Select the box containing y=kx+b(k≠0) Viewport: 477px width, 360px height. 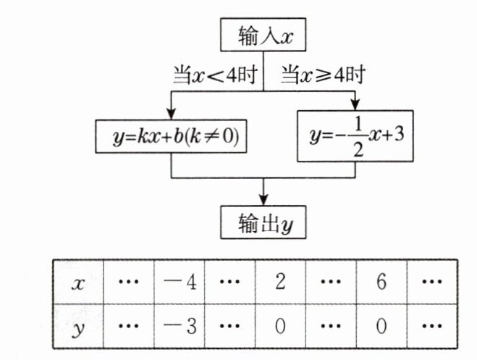pos(171,136)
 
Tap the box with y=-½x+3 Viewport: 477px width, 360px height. pos(354,135)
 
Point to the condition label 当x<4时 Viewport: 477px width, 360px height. pos(214,75)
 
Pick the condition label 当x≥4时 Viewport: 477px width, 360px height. pos(321,75)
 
